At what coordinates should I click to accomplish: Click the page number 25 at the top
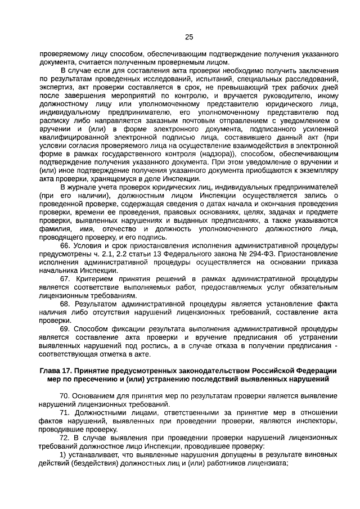189,37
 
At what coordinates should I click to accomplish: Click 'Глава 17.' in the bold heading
56,371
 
